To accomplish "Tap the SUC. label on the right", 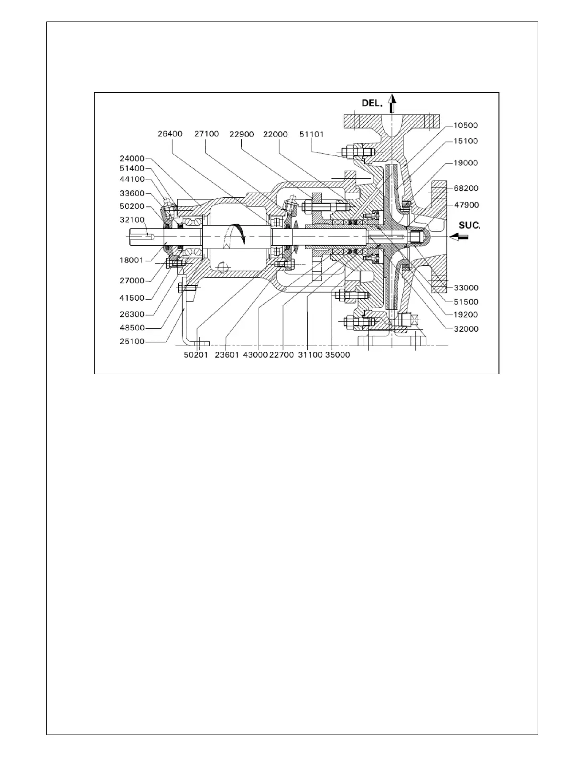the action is coord(469,226).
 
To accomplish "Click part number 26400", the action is coord(170,134).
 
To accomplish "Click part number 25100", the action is coord(131,342).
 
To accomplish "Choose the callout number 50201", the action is coord(196,355).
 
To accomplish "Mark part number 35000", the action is coord(337,355).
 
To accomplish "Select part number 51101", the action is coord(311,134).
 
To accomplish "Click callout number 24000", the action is coord(131,158).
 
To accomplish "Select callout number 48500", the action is coord(131,328).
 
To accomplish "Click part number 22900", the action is coord(240,134).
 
